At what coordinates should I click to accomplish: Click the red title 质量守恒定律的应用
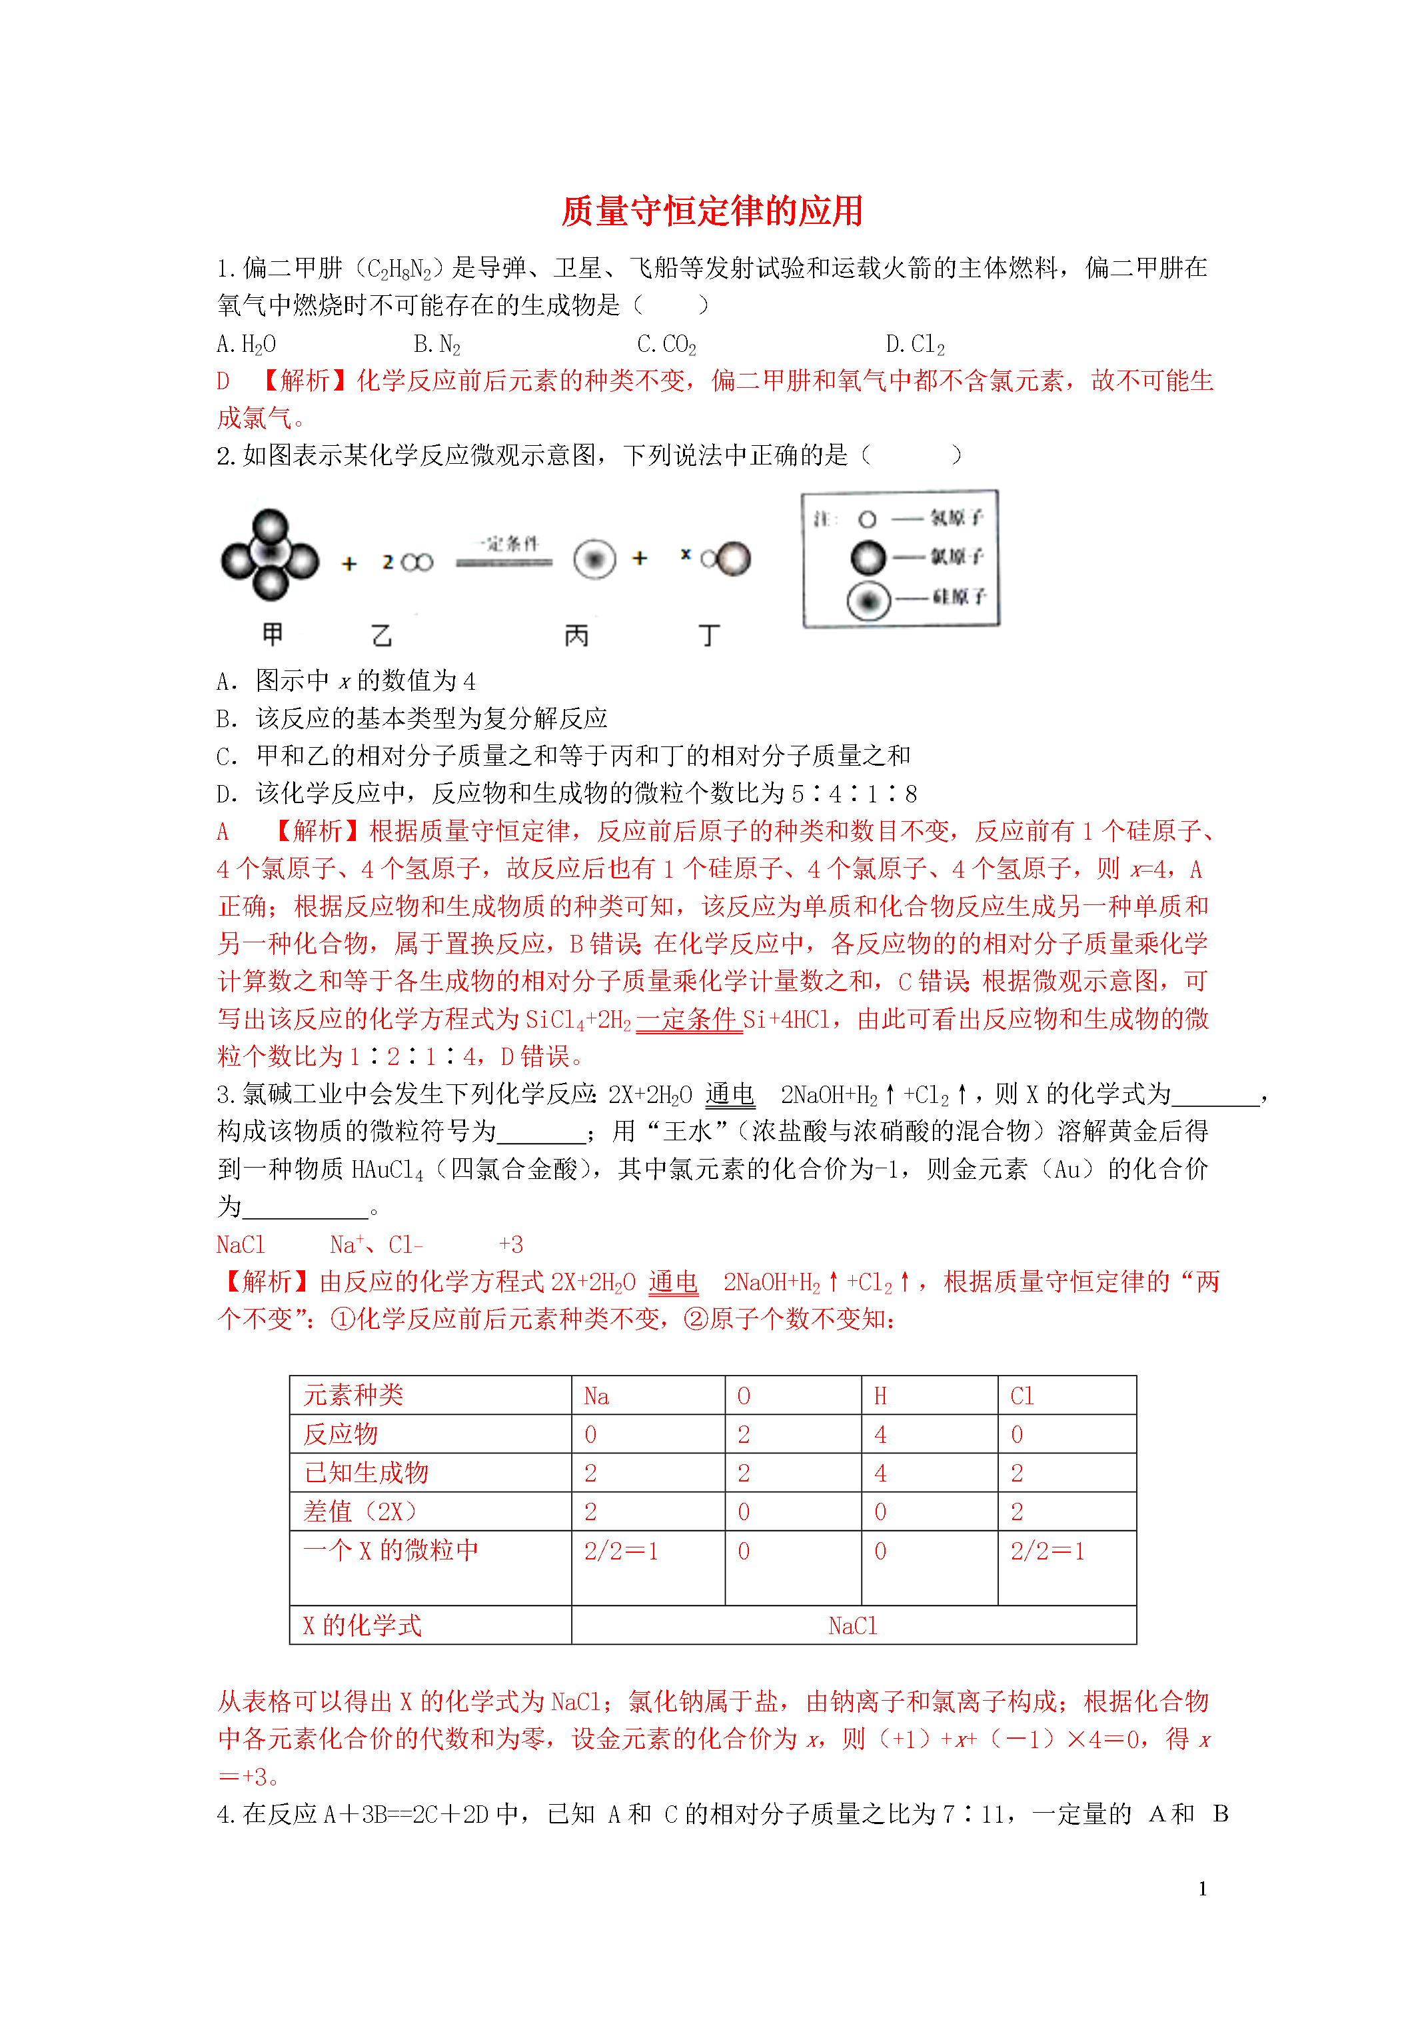[712, 211]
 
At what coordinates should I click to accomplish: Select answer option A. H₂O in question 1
[247, 344]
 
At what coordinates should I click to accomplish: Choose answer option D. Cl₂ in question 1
[915, 344]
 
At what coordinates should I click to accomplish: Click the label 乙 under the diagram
[382, 635]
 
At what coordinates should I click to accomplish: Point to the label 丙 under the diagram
[576, 635]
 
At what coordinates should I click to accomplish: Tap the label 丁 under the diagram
[709, 635]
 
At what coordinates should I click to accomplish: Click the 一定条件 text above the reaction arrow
[508, 544]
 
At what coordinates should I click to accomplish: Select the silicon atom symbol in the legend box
[868, 601]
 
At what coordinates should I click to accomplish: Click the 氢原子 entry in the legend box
[956, 518]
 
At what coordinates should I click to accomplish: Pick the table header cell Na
[596, 1396]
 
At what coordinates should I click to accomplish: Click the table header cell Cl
[1022, 1396]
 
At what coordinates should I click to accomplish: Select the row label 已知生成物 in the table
[366, 1473]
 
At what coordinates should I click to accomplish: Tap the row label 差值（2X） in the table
[360, 1512]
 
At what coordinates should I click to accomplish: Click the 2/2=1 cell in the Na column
[621, 1551]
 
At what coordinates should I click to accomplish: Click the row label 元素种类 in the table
[354, 1396]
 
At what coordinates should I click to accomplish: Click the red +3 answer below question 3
[511, 1245]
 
